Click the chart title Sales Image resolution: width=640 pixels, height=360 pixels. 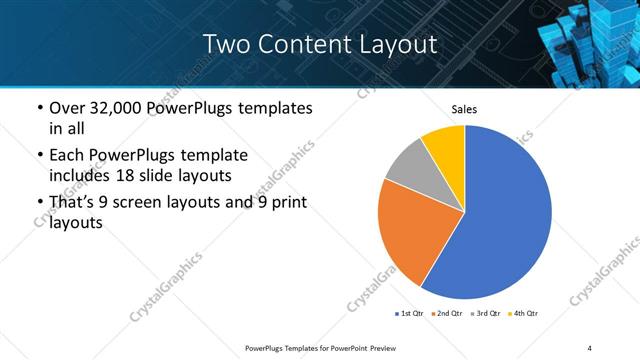[465, 109]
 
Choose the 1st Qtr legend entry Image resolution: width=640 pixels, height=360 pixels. [410, 313]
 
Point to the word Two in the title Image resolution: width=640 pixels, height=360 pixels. [228, 44]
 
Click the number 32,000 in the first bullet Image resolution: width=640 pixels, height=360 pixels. [114, 108]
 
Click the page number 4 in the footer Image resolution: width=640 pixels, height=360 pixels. [590, 347]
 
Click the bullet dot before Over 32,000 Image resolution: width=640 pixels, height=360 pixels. [39, 109]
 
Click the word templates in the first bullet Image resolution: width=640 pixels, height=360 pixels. [272, 108]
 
